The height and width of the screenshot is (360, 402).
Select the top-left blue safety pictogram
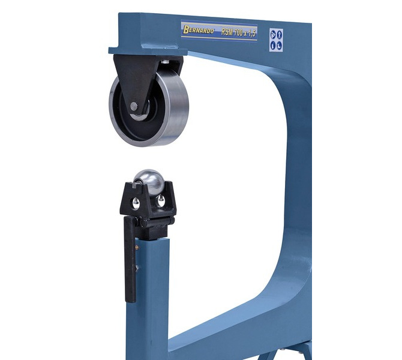point(273,34)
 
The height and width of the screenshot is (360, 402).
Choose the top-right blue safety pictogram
point(279,34)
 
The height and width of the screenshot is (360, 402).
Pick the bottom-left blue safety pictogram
point(273,46)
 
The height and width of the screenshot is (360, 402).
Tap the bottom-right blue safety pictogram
point(279,46)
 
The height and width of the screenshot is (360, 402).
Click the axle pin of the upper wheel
point(134,106)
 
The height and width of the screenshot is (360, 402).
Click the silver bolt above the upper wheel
point(166,62)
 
